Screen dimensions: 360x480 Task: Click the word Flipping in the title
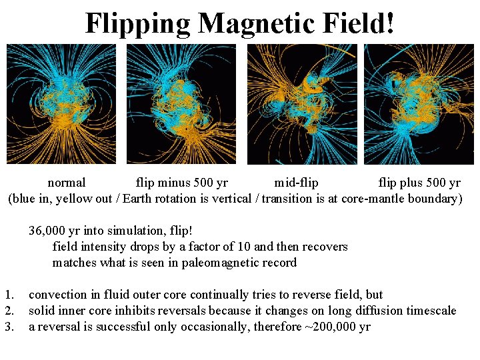pos(137,24)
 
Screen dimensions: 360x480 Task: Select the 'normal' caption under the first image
pos(67,183)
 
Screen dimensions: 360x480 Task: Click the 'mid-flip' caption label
pos(296,183)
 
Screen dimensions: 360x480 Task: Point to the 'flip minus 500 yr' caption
pos(181,183)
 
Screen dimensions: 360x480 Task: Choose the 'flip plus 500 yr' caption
pos(419,183)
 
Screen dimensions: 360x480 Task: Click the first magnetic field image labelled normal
pos(61,104)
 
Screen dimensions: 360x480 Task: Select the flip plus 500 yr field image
pos(419,104)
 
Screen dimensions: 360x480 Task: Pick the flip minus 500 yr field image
pos(181,104)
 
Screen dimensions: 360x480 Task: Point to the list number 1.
pos(9,295)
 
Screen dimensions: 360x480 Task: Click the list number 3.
pos(9,327)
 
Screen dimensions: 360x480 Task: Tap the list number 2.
pos(9,311)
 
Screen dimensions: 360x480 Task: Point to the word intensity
pos(101,247)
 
